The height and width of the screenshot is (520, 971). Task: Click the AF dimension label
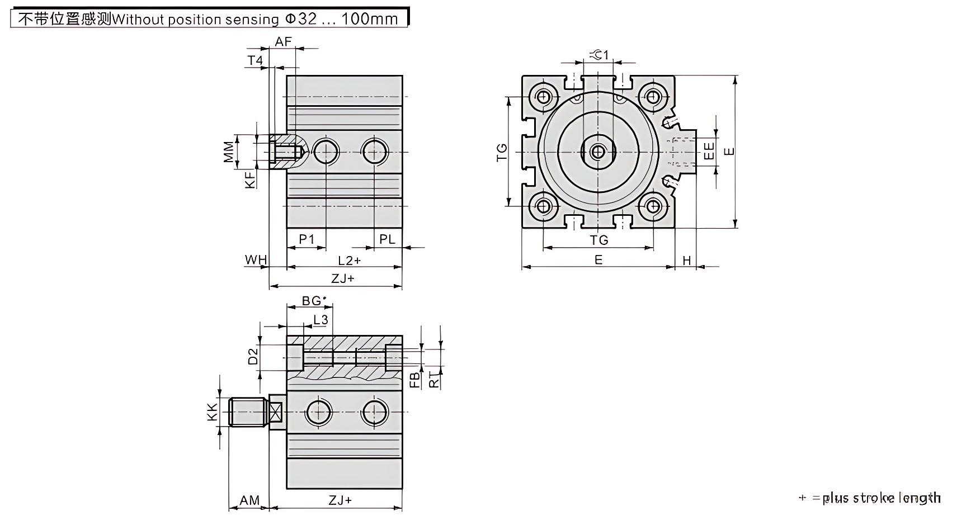click(x=284, y=41)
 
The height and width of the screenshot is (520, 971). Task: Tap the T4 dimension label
click(x=255, y=60)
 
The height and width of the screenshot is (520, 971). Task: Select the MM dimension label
click(x=229, y=152)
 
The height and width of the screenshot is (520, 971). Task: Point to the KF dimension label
click(x=250, y=179)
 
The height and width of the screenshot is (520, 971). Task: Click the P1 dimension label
click(x=307, y=239)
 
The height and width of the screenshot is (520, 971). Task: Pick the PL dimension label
click(x=387, y=239)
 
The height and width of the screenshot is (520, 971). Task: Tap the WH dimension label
click(x=256, y=260)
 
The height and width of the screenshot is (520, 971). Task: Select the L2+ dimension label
click(x=350, y=261)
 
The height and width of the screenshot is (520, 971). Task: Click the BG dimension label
click(x=312, y=301)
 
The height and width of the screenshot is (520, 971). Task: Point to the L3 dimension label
click(x=320, y=320)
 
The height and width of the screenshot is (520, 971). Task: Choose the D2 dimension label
click(x=253, y=356)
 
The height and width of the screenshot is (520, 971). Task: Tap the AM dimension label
click(x=249, y=500)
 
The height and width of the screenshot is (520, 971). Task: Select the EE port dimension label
click(x=709, y=151)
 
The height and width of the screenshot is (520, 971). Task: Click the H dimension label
click(x=687, y=261)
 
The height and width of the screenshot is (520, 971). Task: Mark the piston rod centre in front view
click(x=598, y=152)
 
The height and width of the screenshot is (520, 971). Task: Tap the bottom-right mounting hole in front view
click(x=653, y=206)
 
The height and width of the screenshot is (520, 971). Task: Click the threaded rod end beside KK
click(x=247, y=412)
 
